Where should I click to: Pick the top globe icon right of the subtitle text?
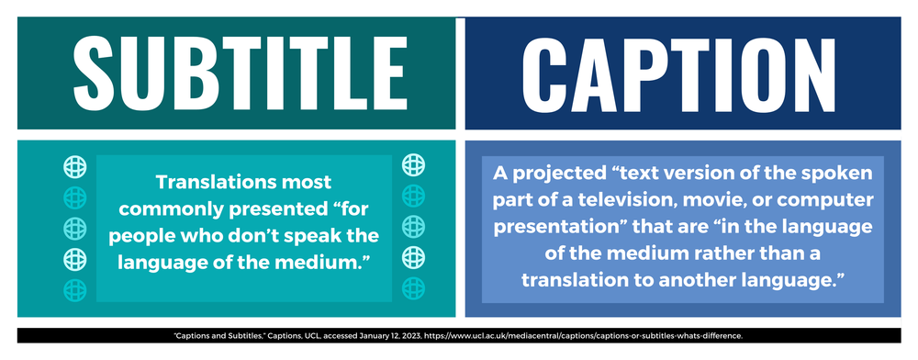pos(414,165)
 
